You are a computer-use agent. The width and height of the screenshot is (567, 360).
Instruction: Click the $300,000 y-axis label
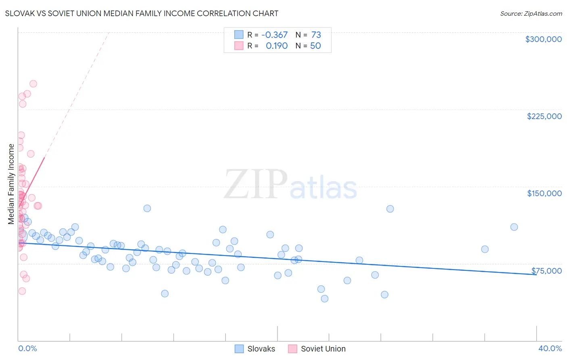(x=543, y=39)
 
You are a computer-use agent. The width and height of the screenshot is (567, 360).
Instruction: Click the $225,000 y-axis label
(x=544, y=116)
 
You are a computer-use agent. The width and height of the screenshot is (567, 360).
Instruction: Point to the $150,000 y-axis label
(x=544, y=193)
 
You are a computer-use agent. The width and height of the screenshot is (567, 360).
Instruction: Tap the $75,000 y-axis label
(x=546, y=271)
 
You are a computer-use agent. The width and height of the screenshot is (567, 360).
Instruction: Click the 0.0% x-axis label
(x=27, y=348)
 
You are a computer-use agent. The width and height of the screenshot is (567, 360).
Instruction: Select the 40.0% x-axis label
(x=550, y=348)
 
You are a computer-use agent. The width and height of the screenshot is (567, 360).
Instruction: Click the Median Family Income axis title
(x=11, y=184)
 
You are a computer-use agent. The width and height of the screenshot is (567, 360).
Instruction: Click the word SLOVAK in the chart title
(x=19, y=13)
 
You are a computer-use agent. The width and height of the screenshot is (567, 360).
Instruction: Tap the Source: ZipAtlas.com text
(x=531, y=13)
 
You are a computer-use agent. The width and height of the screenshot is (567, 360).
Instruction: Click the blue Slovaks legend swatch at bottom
(x=239, y=349)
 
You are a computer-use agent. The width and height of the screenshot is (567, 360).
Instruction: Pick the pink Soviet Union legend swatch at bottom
(x=293, y=349)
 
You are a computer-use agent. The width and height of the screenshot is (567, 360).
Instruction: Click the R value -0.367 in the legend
(x=274, y=35)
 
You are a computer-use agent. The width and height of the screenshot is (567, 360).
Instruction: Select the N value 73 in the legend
(x=316, y=35)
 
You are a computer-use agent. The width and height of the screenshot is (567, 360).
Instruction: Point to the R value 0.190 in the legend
(x=277, y=46)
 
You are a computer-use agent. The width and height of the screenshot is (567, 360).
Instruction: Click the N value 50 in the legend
(x=315, y=46)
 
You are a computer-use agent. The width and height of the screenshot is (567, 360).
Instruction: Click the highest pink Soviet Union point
(x=33, y=84)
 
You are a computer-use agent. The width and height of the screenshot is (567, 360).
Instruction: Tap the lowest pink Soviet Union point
(x=22, y=291)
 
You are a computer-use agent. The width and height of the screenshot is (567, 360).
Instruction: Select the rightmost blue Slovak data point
(x=514, y=227)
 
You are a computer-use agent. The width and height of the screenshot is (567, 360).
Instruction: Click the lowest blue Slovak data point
(x=325, y=299)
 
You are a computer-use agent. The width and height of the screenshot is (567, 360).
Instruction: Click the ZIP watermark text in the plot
(x=256, y=184)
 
